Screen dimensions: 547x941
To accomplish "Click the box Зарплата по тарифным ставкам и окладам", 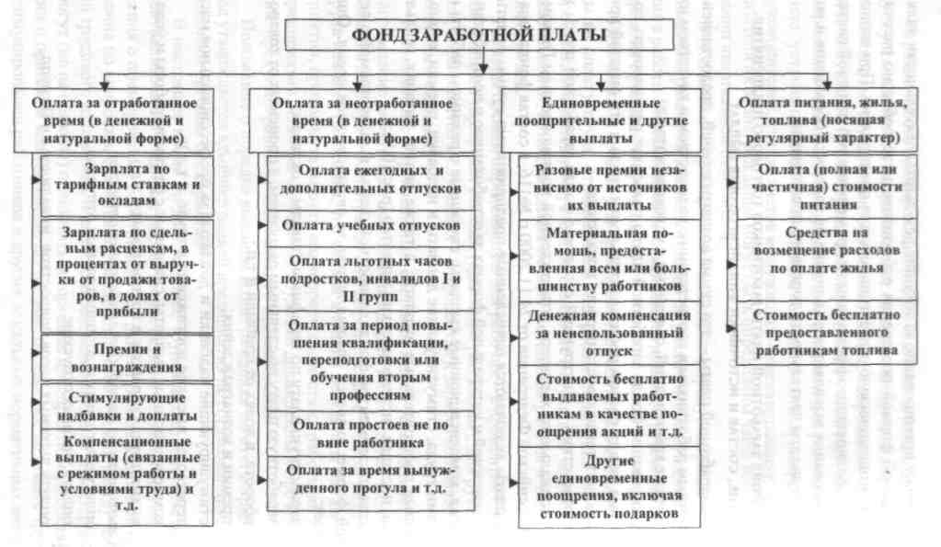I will pyautogui.click(x=129, y=185).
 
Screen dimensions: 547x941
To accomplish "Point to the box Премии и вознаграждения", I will pyautogui.click(x=129, y=359).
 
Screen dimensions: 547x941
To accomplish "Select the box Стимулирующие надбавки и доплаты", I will pyautogui.click(x=129, y=405).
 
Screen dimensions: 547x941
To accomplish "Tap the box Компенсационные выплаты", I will pyautogui.click(x=129, y=476).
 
